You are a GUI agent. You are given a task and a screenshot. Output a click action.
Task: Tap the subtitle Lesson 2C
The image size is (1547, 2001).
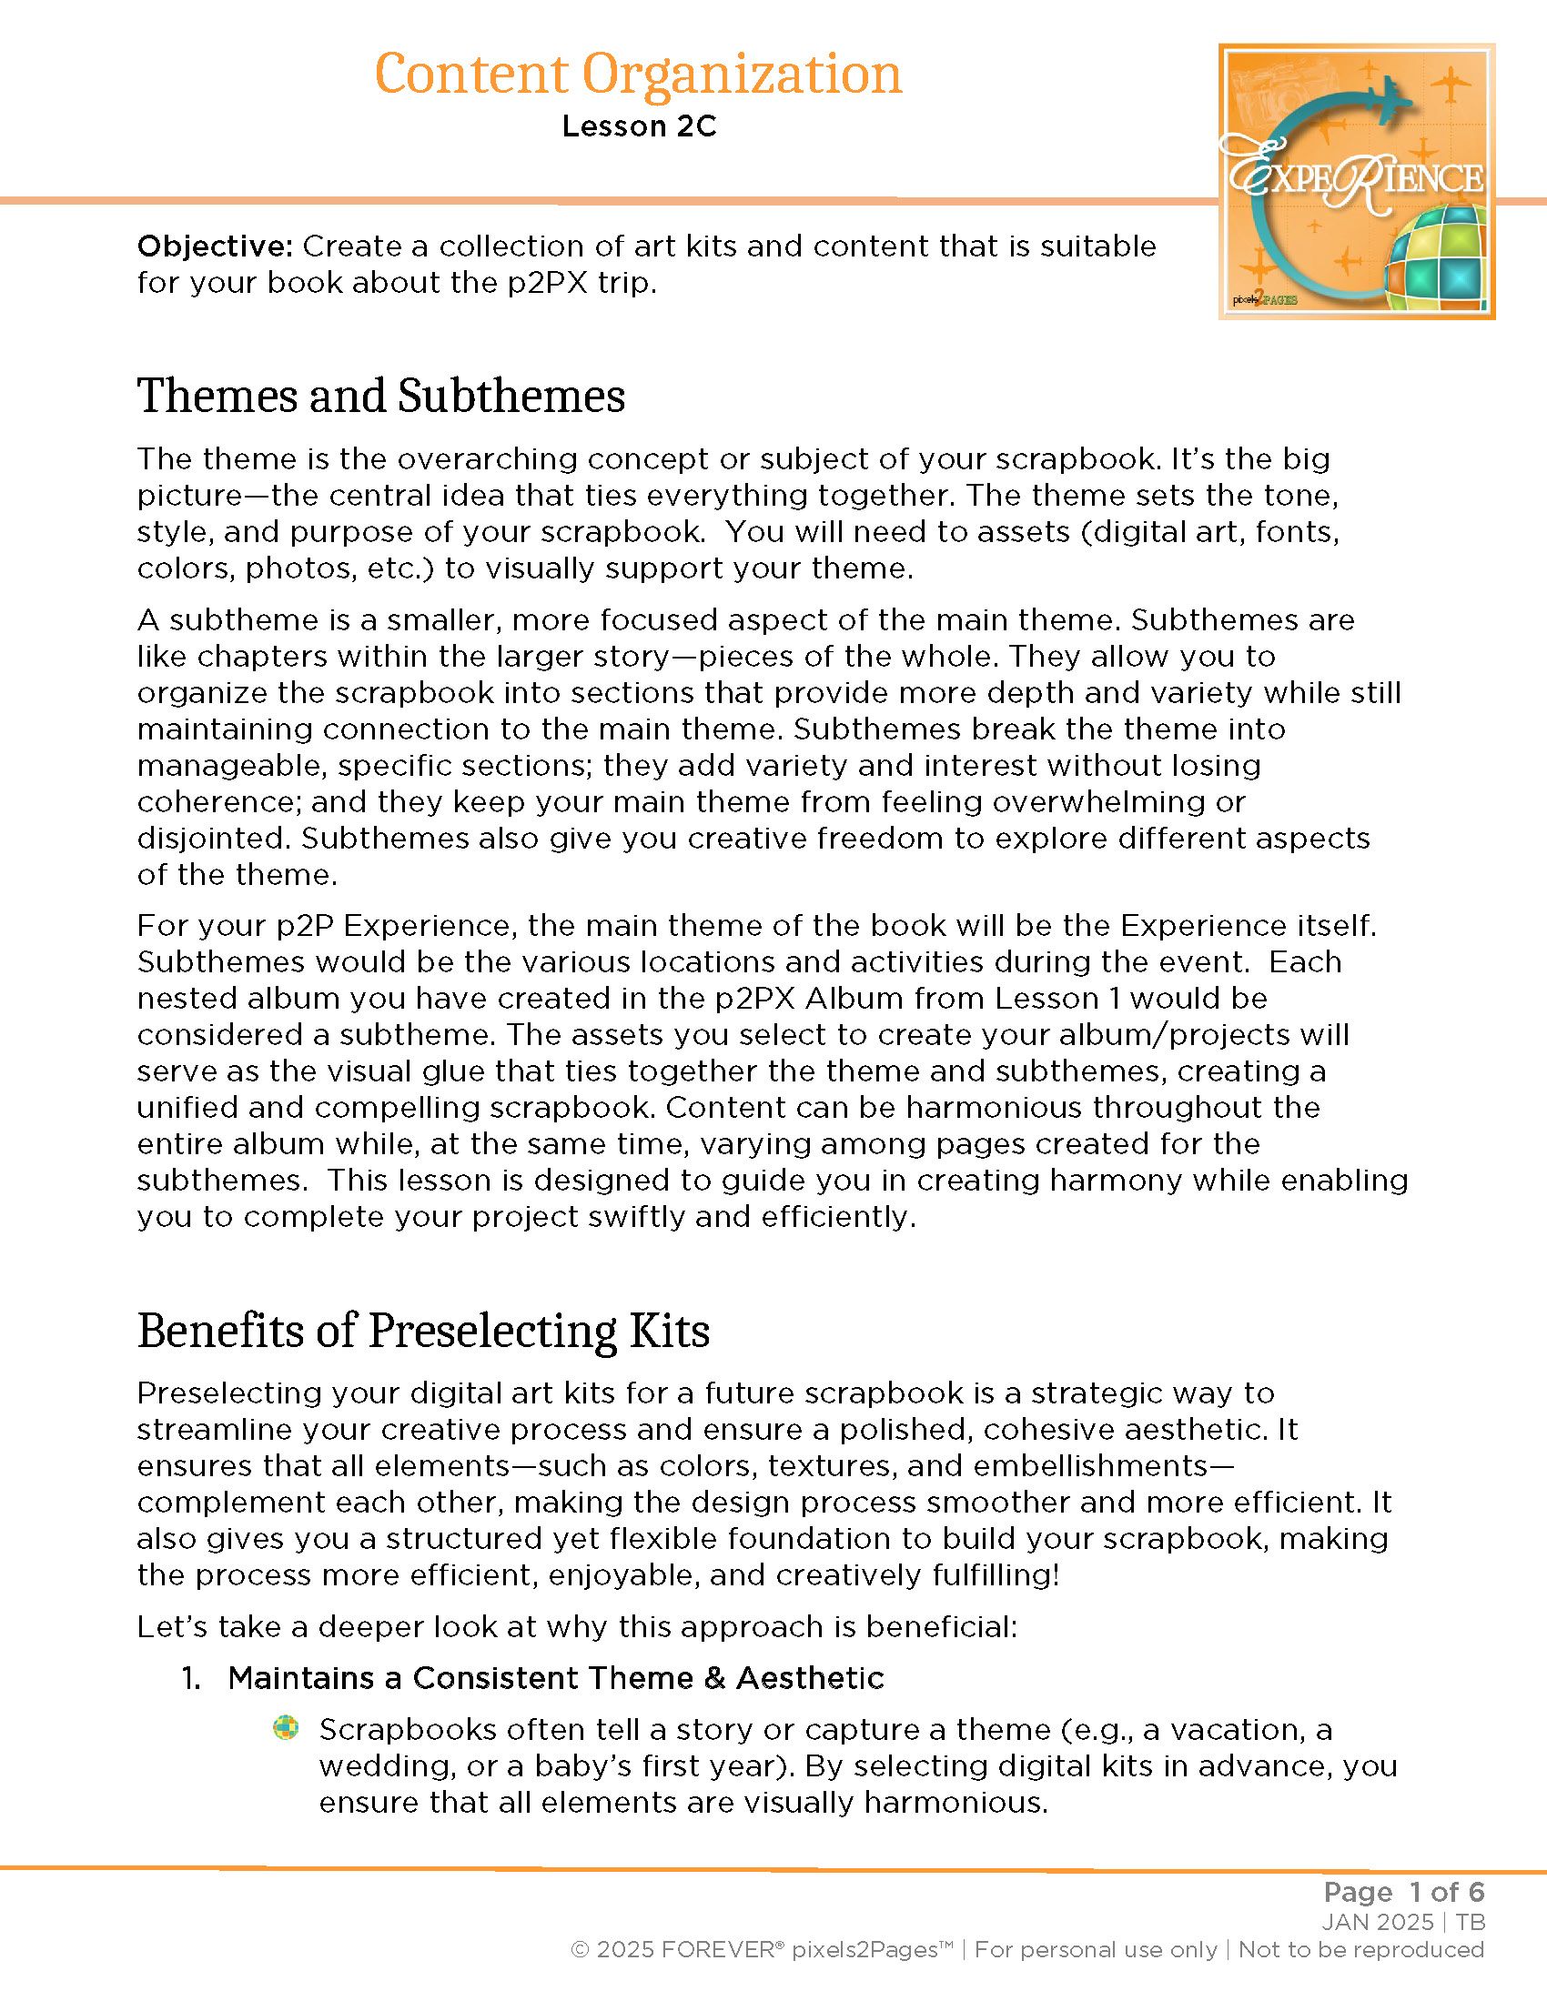639,126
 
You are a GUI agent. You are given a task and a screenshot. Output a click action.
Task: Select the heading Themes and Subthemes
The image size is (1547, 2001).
381,396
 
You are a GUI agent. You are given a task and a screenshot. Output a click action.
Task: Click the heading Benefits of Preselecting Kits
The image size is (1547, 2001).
423,1331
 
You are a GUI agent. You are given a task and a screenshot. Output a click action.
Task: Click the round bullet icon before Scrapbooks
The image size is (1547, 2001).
286,1728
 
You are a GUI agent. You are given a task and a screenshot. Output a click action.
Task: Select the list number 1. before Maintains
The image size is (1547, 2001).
190,1677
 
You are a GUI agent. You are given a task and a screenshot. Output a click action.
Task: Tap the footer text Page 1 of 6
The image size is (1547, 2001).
1403,1892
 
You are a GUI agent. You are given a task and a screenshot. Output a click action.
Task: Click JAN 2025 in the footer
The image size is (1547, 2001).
1378,1921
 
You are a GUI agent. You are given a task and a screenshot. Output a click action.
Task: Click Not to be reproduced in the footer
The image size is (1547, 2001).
1361,1949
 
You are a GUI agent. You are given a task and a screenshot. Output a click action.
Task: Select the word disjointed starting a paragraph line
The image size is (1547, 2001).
212,839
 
